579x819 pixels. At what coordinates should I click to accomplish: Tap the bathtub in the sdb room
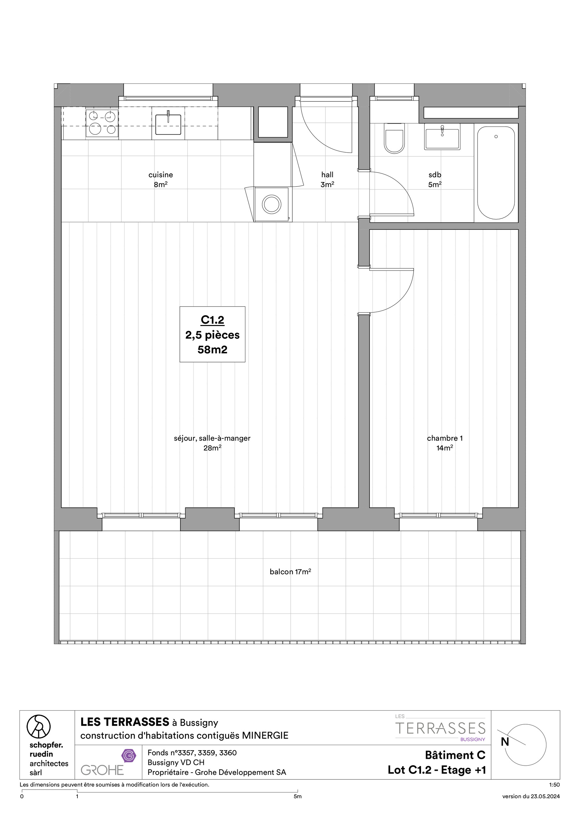point(496,173)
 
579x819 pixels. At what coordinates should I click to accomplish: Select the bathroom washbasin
point(442,137)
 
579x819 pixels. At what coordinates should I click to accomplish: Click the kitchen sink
point(168,123)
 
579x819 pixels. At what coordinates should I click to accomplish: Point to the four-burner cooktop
point(102,123)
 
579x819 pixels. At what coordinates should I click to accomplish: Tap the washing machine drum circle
point(272,204)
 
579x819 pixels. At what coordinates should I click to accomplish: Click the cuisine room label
point(161,175)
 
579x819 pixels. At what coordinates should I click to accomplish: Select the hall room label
point(327,175)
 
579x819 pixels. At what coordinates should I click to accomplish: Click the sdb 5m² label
point(435,179)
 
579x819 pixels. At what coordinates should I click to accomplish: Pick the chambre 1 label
point(445,438)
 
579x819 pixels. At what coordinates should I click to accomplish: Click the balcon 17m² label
point(290,572)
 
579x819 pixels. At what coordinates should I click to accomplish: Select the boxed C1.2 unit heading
point(213,320)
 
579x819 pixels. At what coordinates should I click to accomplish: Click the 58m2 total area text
point(213,350)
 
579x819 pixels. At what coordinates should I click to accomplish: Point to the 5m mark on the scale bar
point(297,796)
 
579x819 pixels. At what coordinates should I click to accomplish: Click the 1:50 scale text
point(554,785)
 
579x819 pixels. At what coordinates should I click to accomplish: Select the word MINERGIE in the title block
point(265,736)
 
